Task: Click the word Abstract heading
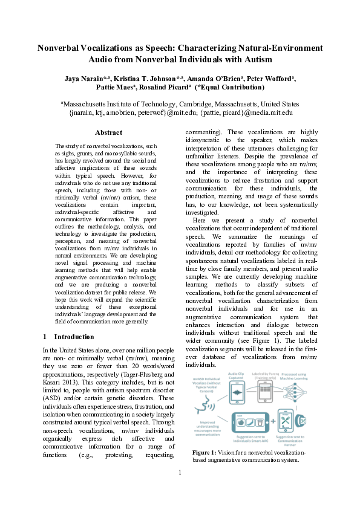tap(108, 132)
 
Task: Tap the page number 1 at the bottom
tap(180, 489)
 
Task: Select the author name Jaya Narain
tap(84, 78)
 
